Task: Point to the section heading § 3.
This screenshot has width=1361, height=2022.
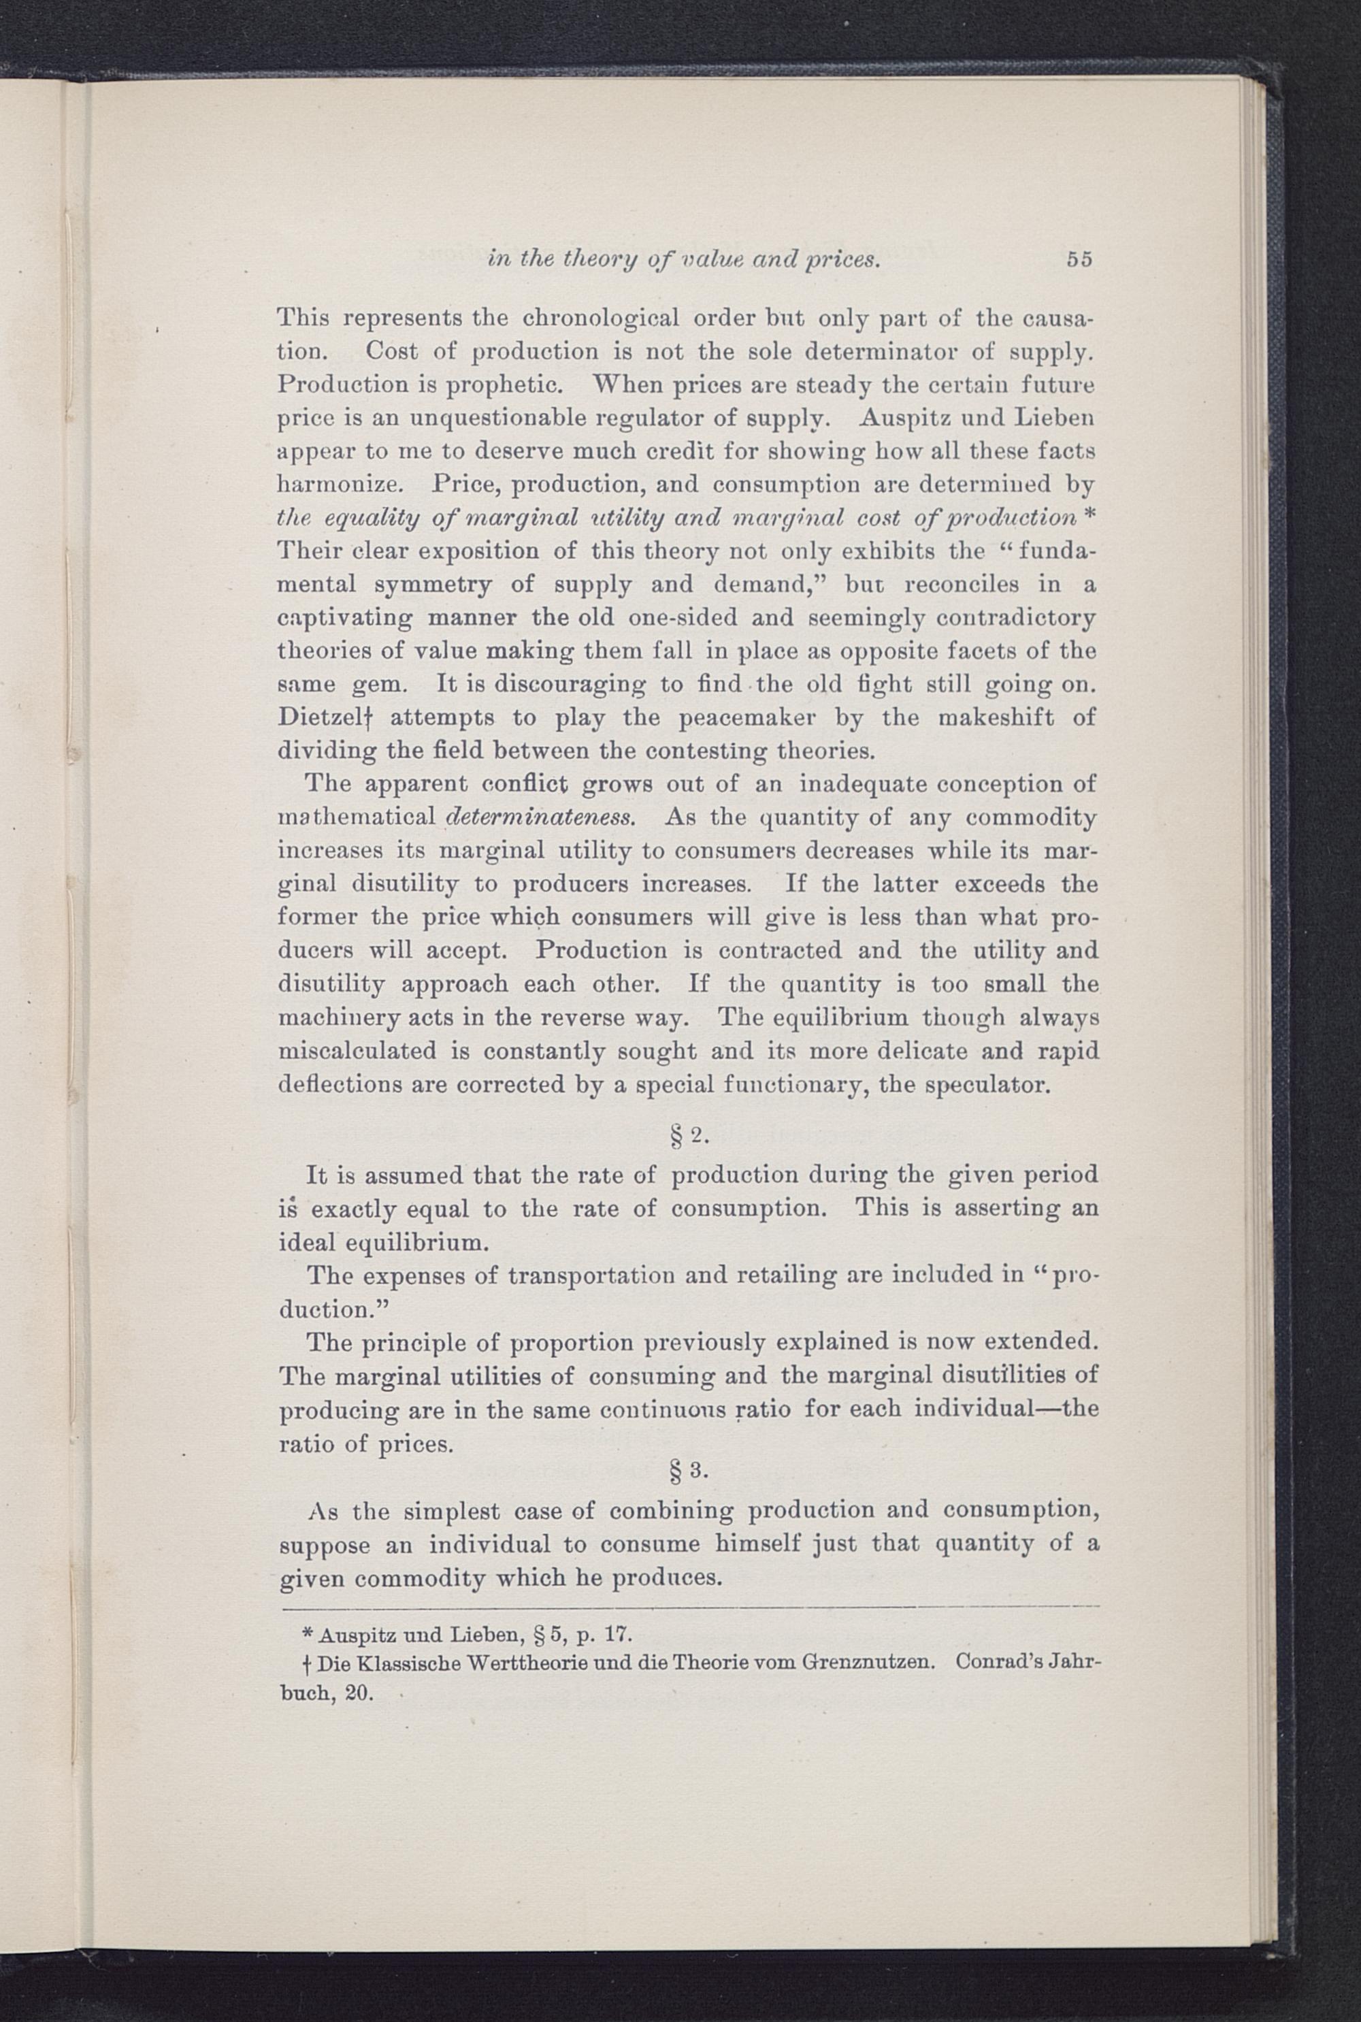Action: click(687, 1470)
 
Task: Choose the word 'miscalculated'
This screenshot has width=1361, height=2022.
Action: click(357, 1051)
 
